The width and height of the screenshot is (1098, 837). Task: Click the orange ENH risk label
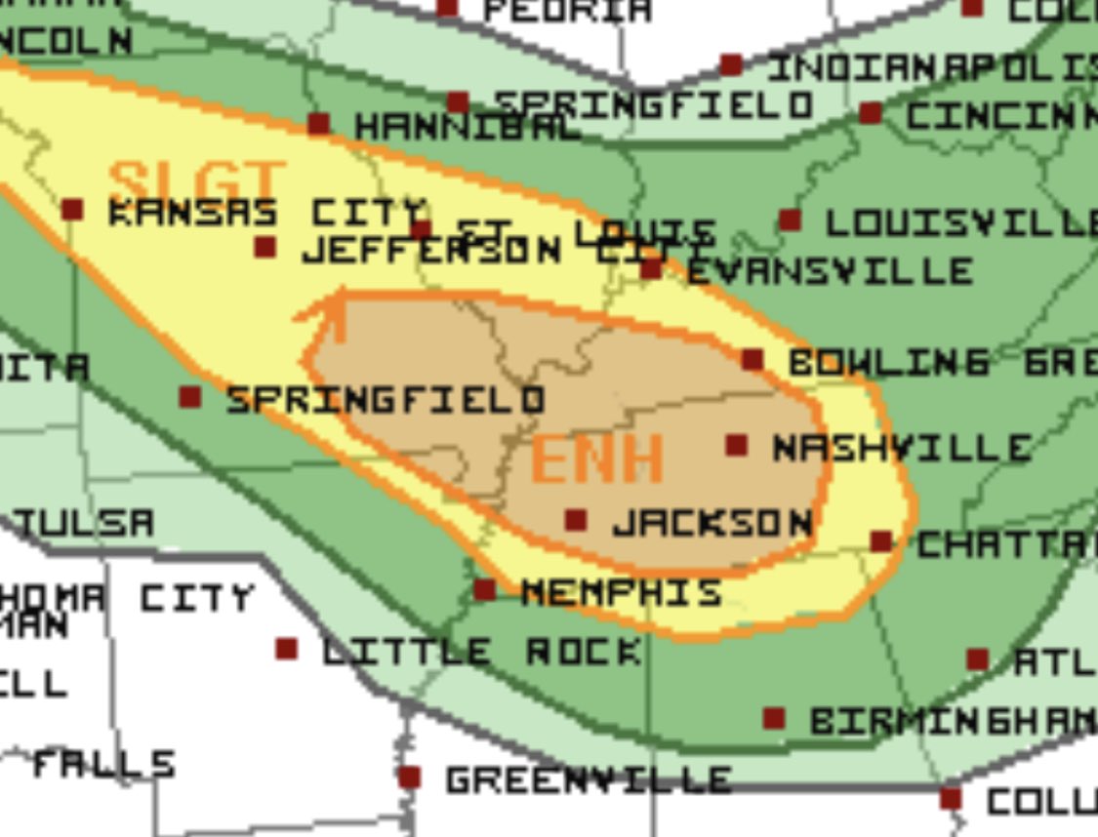597,458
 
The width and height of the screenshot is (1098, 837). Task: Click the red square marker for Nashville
737,446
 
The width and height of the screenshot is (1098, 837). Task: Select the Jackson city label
712,523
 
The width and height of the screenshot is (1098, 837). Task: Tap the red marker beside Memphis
484,589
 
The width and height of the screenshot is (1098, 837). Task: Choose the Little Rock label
482,651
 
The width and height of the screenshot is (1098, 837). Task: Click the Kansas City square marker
72,210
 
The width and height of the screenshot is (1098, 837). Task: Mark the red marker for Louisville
790,221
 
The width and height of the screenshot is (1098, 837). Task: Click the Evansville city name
829,270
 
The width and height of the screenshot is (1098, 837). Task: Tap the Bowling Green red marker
752,360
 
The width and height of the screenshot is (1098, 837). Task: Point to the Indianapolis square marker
731,65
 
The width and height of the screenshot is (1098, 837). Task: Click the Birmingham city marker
773,719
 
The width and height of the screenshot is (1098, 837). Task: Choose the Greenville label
589,779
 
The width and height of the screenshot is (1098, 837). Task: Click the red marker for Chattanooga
881,541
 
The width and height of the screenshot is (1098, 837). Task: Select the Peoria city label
567,10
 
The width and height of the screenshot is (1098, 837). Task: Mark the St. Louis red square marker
421,231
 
